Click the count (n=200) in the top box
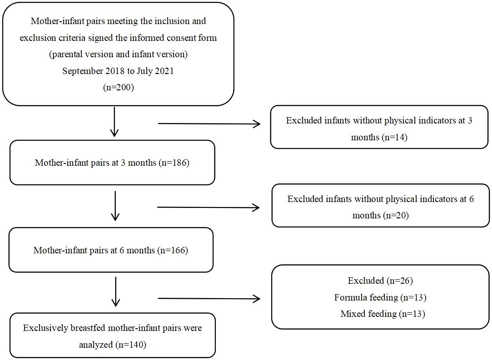point(119,87)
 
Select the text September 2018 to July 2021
point(118,71)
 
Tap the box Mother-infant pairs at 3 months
point(112,163)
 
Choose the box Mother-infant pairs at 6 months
point(111,250)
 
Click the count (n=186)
point(174,163)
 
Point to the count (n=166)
point(173,250)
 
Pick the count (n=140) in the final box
point(131,345)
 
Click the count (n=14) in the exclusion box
point(394,137)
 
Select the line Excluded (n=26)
point(380,281)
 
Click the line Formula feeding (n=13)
point(380,297)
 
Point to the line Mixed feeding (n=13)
point(383,314)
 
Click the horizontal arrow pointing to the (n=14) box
point(209,124)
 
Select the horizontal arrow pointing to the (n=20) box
point(209,207)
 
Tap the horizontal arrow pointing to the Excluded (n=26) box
point(209,299)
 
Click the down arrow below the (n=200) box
point(114,122)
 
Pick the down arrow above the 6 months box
point(115,206)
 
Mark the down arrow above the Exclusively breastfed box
point(116,291)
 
